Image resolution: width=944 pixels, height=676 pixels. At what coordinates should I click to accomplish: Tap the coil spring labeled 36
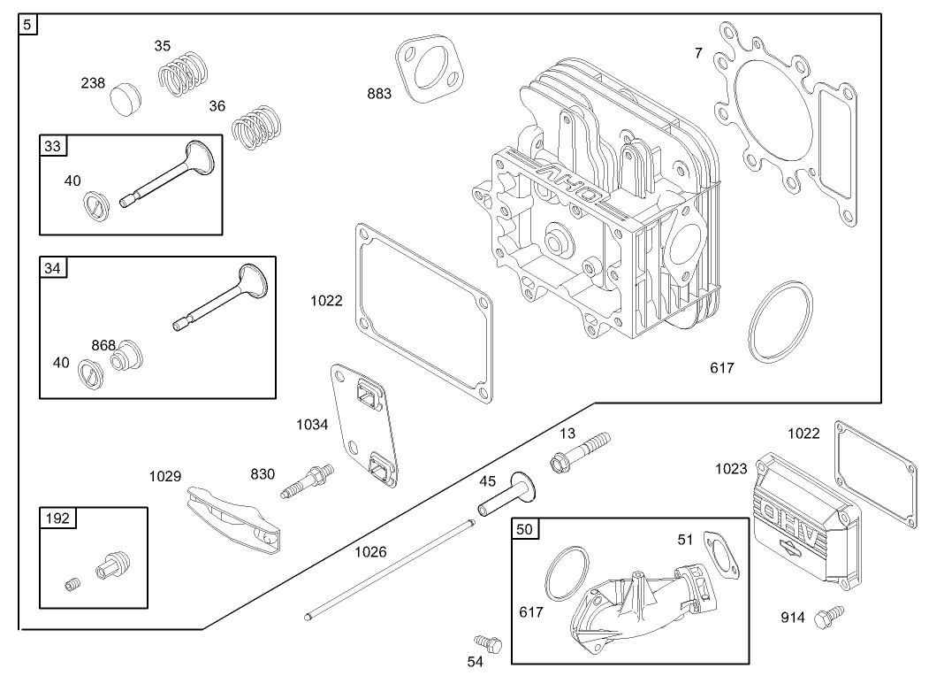click(x=256, y=127)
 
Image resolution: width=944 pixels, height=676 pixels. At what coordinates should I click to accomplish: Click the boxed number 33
click(x=53, y=146)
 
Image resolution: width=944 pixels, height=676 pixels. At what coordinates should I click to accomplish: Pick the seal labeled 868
click(x=129, y=354)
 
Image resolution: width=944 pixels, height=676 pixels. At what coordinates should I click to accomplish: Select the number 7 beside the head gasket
click(x=698, y=53)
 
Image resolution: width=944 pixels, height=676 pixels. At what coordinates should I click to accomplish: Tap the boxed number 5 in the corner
click(x=28, y=24)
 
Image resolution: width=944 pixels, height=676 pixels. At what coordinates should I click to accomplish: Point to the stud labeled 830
click(x=306, y=480)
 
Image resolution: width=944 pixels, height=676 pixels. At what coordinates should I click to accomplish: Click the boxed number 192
click(x=57, y=519)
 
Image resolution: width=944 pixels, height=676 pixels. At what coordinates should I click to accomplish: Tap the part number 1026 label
click(x=370, y=552)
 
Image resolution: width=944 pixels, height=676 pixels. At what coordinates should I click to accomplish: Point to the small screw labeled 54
click(x=487, y=642)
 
